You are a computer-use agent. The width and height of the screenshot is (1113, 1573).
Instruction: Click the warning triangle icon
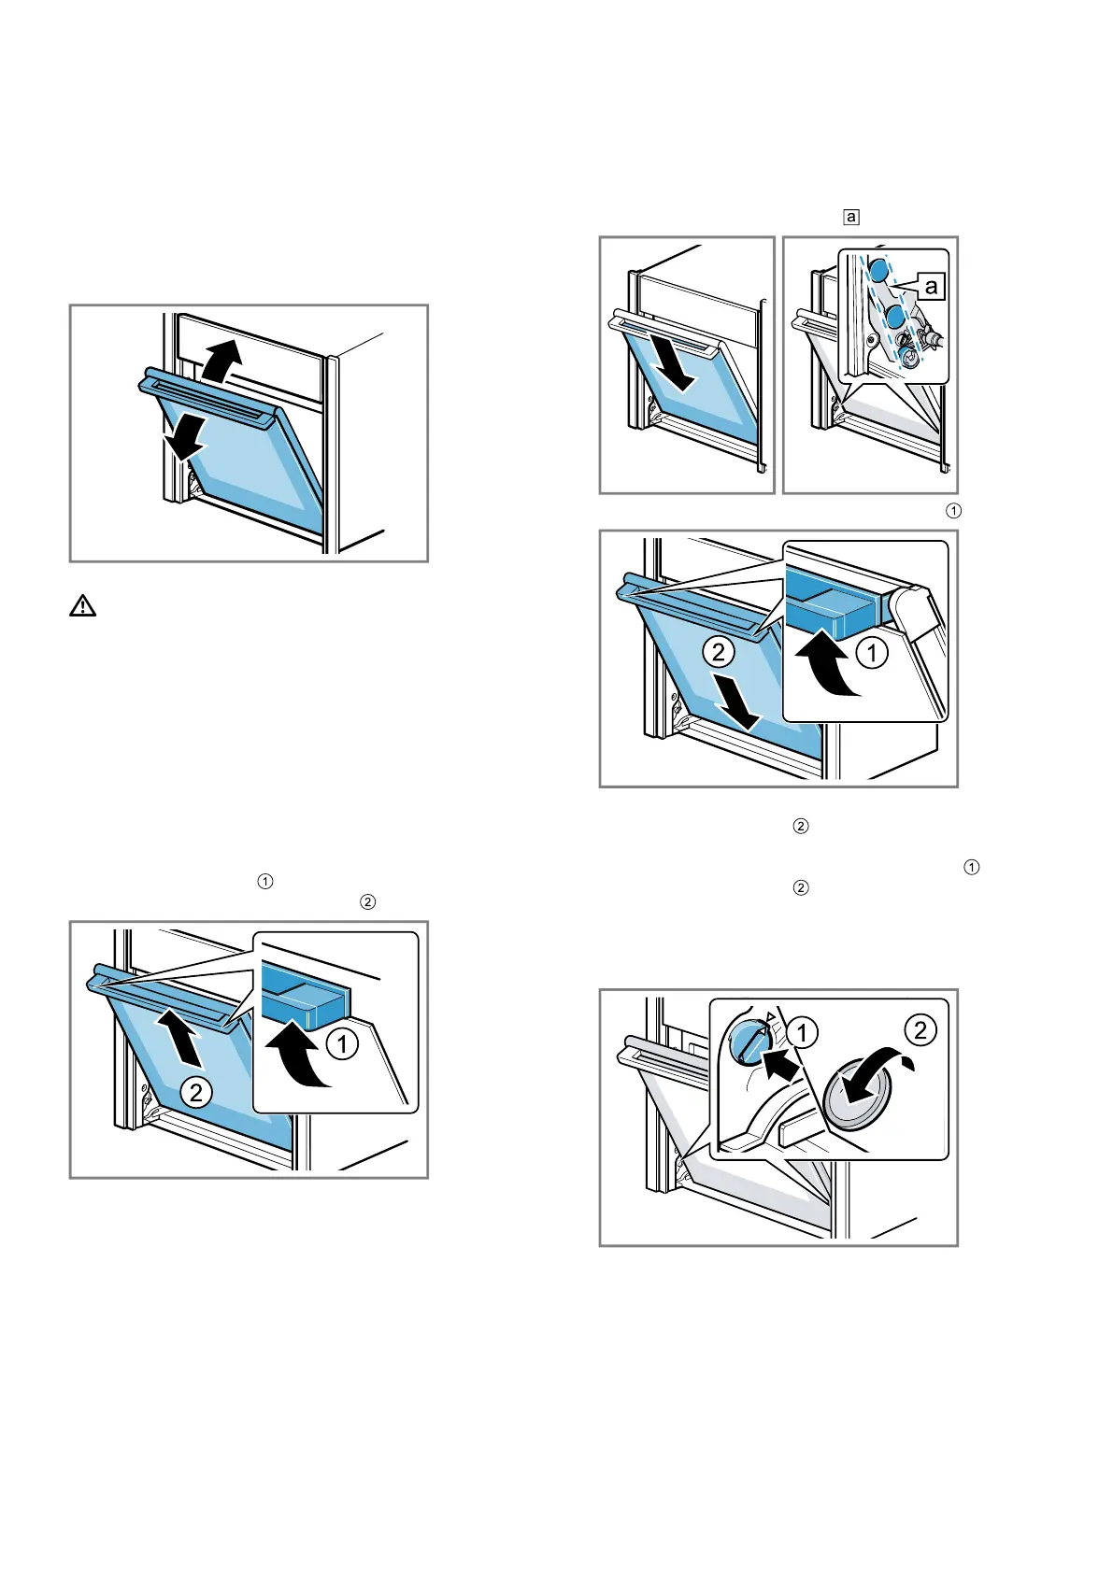point(83,606)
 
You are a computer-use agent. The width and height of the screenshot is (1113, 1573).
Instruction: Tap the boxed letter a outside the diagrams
point(850,218)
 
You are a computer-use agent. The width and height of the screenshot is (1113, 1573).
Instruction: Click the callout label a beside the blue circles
point(931,287)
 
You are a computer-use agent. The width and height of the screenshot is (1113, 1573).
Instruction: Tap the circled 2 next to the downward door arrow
point(719,651)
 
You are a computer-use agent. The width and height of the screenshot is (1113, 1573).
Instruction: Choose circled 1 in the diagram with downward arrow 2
point(872,652)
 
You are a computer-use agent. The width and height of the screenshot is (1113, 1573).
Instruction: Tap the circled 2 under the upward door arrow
point(196,1091)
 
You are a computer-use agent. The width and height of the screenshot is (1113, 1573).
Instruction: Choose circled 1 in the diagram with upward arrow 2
point(343,1043)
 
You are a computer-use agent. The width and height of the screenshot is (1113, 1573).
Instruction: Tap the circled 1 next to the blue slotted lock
point(802,1032)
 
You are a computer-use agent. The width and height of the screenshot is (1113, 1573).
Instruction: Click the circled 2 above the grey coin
point(920,1029)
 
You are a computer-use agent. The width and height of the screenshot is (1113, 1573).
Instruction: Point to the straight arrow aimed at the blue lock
point(781,1062)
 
